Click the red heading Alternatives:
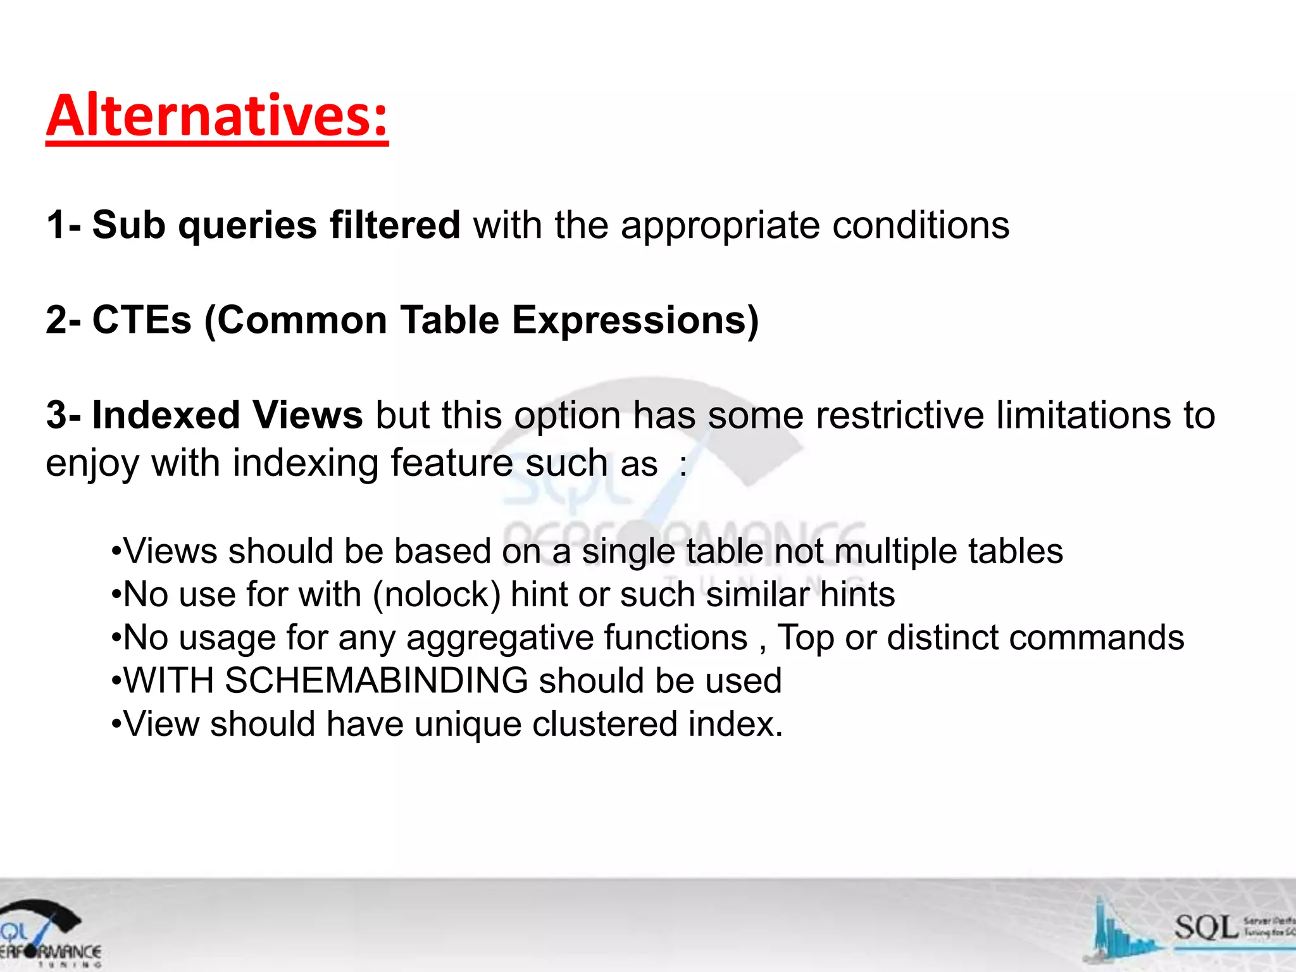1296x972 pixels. click(x=217, y=116)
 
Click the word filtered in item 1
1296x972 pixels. click(x=395, y=225)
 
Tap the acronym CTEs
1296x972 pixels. click(x=142, y=320)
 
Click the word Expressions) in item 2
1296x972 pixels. click(x=635, y=320)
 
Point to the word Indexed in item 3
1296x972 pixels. click(x=166, y=416)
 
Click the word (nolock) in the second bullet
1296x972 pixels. click(x=437, y=595)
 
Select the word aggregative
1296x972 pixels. click(x=490, y=638)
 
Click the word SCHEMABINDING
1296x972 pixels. click(x=377, y=681)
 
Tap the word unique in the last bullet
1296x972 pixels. click(x=468, y=724)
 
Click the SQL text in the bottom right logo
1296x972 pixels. click(x=1206, y=928)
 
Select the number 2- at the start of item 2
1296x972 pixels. click(x=63, y=320)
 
